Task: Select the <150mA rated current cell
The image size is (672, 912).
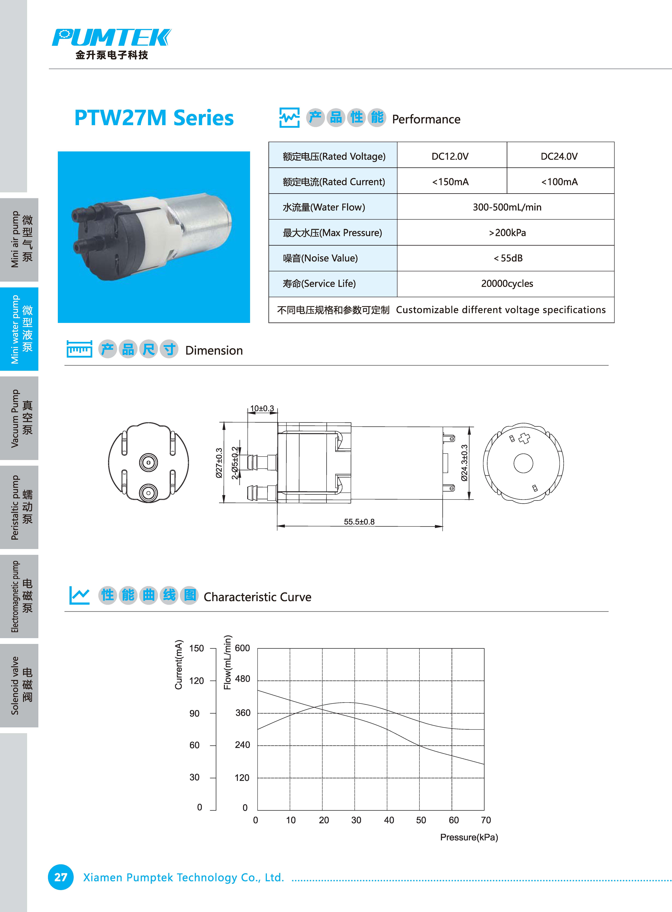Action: pos(450,182)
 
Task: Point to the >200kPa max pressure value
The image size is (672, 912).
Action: pos(507,233)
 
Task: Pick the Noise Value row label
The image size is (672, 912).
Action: pos(320,258)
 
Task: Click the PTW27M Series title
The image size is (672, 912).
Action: pos(154,118)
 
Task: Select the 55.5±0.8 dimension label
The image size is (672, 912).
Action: pos(359,521)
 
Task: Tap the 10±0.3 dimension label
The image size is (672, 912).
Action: pos(262,408)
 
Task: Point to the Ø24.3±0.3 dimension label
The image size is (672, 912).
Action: pos(464,463)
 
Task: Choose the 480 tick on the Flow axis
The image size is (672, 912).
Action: pos(242,679)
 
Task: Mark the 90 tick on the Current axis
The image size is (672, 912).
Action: pos(194,713)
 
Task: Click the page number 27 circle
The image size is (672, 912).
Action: pos(61,877)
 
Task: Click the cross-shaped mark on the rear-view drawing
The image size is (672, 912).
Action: pos(525,438)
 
